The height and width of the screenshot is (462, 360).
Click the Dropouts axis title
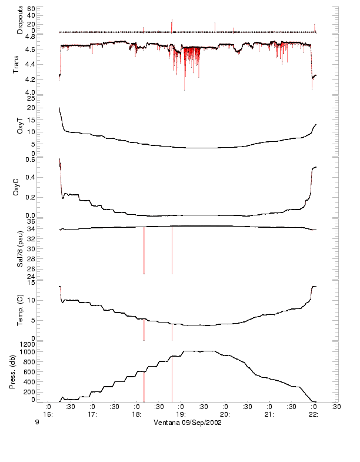pyautogui.click(x=20, y=20)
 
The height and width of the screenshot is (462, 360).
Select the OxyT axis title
pyautogui.click(x=20, y=125)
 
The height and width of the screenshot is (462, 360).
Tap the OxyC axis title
pyautogui.click(x=20, y=187)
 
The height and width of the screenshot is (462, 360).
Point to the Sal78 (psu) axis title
pyautogui.click(x=20, y=249)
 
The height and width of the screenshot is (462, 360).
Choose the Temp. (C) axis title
pyautogui.click(x=20, y=310)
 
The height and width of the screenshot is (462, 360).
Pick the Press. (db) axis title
pyautogui.click(x=20, y=372)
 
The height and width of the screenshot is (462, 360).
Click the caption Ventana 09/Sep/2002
pyautogui.click(x=188, y=423)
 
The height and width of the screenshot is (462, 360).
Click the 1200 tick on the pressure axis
pyautogui.click(x=44, y=343)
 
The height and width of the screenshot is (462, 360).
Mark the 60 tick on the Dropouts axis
pyautogui.click(x=48, y=9)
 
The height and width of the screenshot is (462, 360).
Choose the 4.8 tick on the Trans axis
pyautogui.click(x=46, y=36)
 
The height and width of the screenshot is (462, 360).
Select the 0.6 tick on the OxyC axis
pyautogui.click(x=46, y=159)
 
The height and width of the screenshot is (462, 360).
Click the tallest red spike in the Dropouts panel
pyautogui.click(x=172, y=24)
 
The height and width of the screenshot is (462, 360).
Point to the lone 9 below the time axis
pyautogui.click(x=36, y=423)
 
